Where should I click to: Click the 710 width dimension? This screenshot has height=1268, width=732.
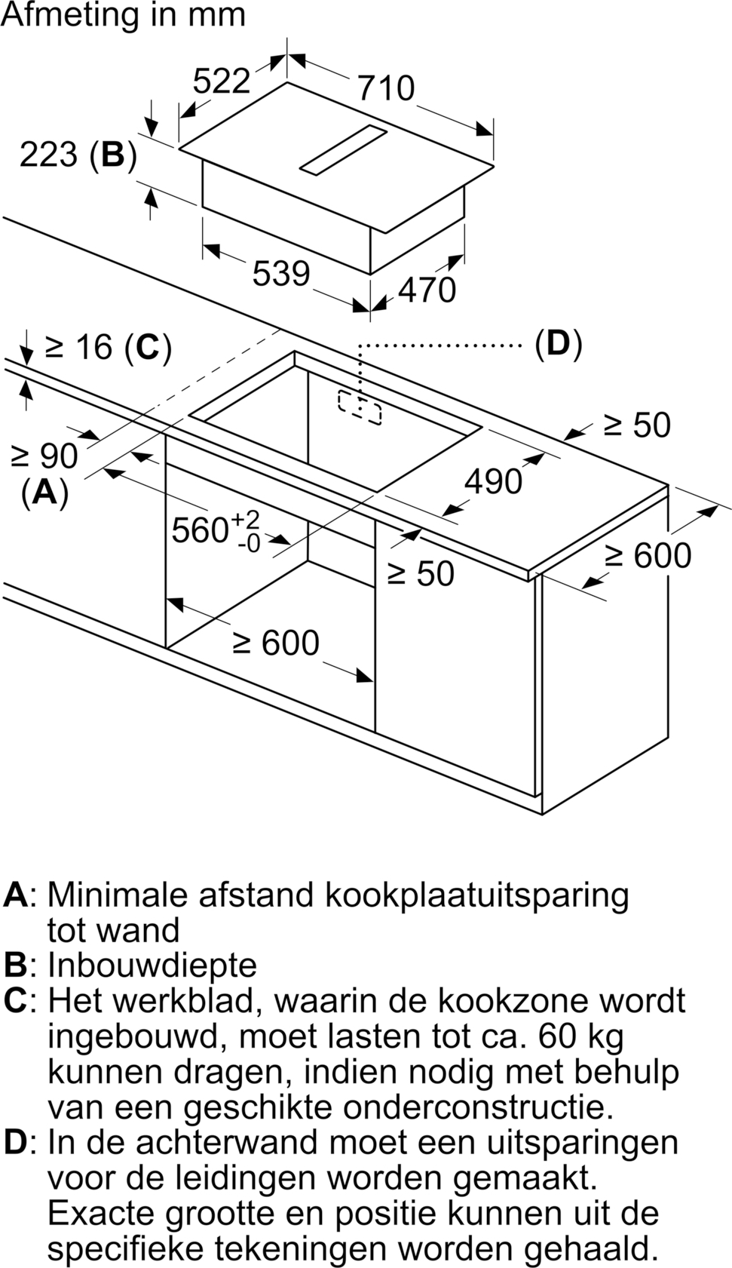tap(387, 88)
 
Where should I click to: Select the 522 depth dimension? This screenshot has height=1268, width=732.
tap(222, 81)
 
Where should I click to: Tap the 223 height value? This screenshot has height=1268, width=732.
tap(48, 154)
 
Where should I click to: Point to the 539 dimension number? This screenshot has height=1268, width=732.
tap(281, 273)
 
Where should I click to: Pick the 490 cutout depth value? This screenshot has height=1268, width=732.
tap(493, 481)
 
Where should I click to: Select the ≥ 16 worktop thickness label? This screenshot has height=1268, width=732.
tap(78, 346)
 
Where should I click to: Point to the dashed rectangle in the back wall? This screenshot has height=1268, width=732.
tap(360, 407)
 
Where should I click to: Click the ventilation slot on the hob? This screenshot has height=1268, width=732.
tap(343, 149)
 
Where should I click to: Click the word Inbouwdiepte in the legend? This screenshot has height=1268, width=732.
tap(152, 966)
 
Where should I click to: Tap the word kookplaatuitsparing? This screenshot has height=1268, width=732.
tap(476, 897)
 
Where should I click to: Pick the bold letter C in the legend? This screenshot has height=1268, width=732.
tap(15, 1001)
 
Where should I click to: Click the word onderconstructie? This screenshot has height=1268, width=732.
tap(477, 1108)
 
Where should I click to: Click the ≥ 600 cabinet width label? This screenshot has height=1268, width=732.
tap(277, 643)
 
